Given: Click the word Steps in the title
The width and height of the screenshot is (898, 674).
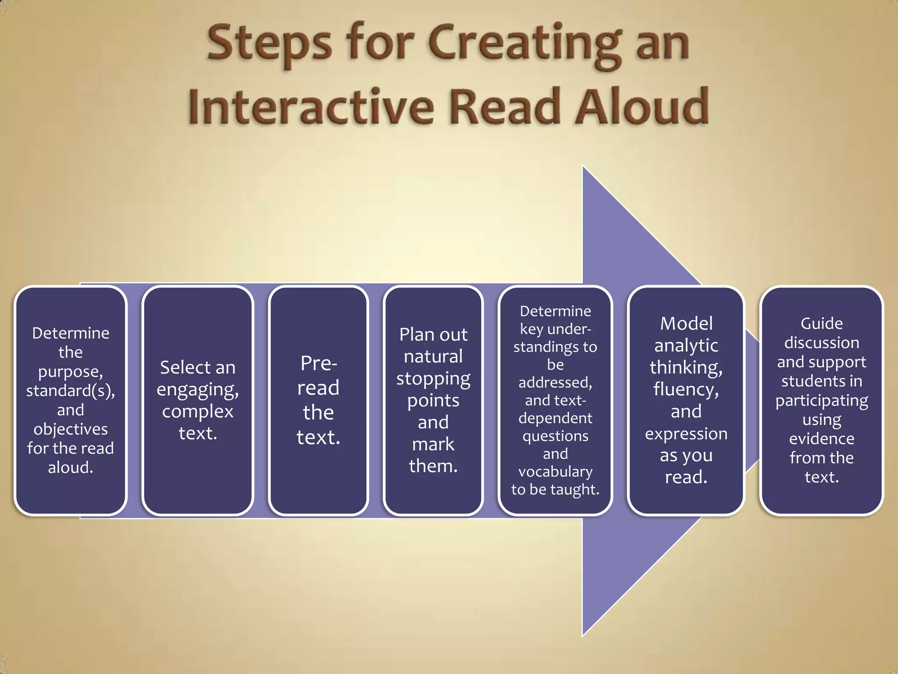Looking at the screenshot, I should pyautogui.click(x=269, y=44).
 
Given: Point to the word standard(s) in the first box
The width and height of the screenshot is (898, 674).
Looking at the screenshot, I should pyautogui.click(x=70, y=390).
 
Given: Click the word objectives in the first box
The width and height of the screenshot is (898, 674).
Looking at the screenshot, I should pyautogui.click(x=70, y=429).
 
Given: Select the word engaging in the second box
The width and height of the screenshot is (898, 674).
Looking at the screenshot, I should pyautogui.click(x=198, y=389).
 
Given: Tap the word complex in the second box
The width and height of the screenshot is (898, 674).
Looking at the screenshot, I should pyautogui.click(x=198, y=411).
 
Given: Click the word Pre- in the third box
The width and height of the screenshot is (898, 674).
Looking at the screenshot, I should pyautogui.click(x=319, y=363).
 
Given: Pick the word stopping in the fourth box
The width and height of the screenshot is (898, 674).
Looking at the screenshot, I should pyautogui.click(x=433, y=378).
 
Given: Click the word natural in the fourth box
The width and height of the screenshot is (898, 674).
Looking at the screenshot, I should pyautogui.click(x=433, y=356).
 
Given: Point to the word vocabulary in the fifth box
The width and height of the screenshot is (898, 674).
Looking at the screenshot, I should pyautogui.click(x=555, y=471).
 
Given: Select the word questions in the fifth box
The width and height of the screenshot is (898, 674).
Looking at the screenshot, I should pyautogui.click(x=555, y=436).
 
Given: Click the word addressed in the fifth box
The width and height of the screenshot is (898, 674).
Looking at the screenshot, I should pyautogui.click(x=555, y=382).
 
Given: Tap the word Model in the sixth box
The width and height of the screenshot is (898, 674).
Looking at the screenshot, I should pyautogui.click(x=686, y=323).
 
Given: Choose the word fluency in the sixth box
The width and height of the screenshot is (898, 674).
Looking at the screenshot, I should pyautogui.click(x=686, y=389).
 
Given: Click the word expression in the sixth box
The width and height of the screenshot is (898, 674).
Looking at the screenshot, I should pyautogui.click(x=686, y=434).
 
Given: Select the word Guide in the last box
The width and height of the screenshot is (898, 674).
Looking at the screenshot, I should pyautogui.click(x=822, y=323).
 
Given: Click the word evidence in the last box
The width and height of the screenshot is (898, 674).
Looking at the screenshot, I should pyautogui.click(x=822, y=438).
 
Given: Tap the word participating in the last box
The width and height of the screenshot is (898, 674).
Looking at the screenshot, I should pyautogui.click(x=822, y=401).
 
